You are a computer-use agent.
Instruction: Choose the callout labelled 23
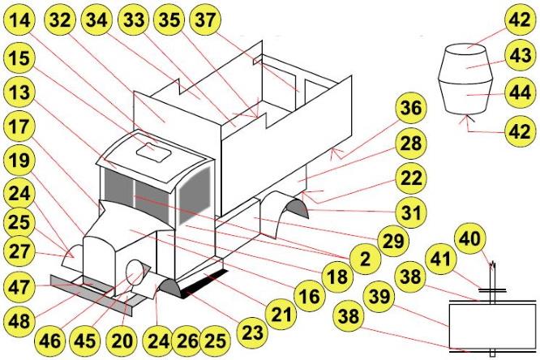pyautogui.click(x=253, y=331)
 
